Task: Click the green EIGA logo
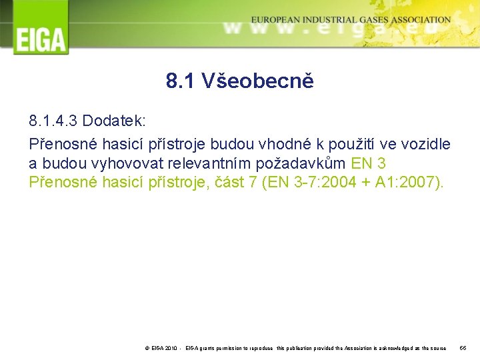tap(41, 28)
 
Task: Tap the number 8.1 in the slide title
tap(180, 81)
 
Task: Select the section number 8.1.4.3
tap(54, 121)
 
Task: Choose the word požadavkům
tap(301, 163)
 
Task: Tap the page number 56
tap(464, 349)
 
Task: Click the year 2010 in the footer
tap(170, 349)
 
